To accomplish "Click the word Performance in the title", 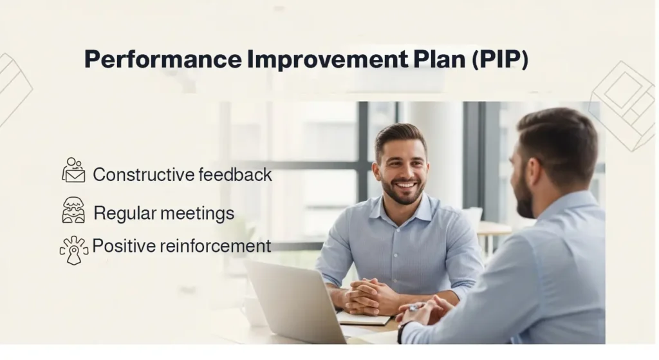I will pos(162,60).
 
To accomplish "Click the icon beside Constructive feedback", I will pos(73,170).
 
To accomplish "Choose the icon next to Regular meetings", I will pos(73,210).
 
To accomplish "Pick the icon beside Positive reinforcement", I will pos(73,249).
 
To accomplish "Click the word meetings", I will pos(198,213).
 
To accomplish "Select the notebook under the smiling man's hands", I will pos(364,319).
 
